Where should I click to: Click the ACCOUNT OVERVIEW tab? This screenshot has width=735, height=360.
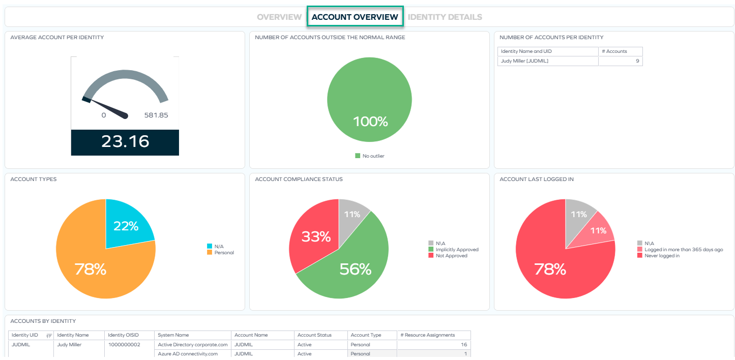[x=355, y=17]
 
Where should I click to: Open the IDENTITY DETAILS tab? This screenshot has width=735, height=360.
[x=445, y=17]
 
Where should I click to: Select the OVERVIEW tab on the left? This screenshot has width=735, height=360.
[x=279, y=17]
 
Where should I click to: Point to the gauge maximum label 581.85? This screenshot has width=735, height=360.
[x=156, y=115]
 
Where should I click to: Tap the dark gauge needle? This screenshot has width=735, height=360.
[x=109, y=108]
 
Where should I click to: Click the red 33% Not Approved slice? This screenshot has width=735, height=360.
[x=315, y=236]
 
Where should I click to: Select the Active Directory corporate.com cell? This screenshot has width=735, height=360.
[x=192, y=345]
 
